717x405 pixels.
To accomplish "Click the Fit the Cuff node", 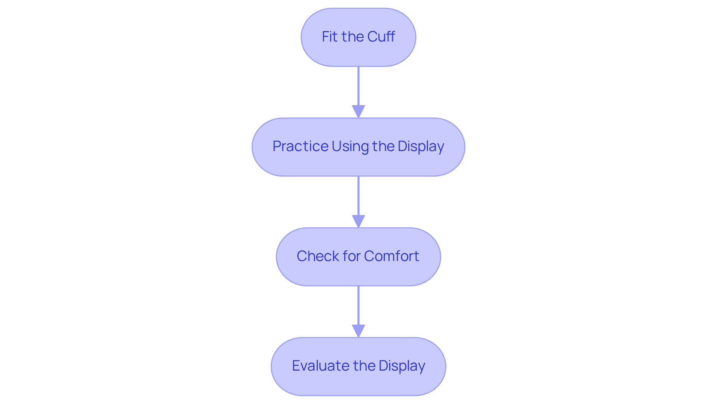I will coord(358,37).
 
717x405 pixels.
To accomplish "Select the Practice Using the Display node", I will coord(358,147).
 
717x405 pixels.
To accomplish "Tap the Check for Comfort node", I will coord(358,257).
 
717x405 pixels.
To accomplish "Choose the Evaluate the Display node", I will coord(358,366).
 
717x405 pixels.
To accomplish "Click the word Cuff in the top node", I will coord(381,37).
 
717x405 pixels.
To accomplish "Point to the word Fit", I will coord(329,37).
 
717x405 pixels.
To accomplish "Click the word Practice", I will coord(300,146).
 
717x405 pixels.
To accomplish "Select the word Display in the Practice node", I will coord(420,147).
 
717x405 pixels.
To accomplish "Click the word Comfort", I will coord(391,256).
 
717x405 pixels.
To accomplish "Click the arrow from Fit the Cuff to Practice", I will coord(358,88).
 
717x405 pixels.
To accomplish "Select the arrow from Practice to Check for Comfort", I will coord(358,197).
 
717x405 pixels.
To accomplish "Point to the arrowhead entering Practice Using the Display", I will coord(358,111).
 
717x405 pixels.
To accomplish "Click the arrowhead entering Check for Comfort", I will coord(358,221).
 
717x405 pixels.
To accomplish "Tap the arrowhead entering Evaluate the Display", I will coord(358,331).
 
